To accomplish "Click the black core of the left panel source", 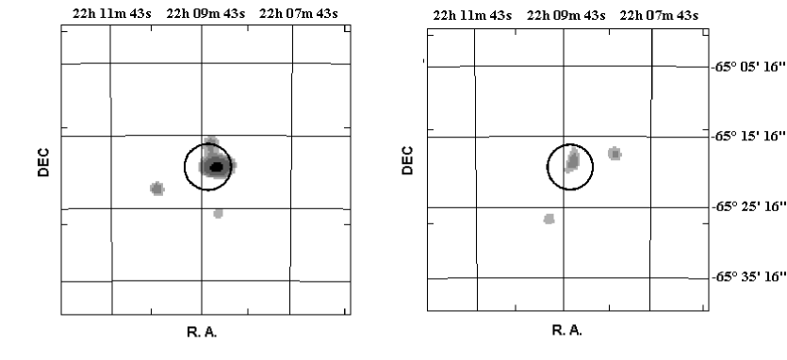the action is pos(217,167).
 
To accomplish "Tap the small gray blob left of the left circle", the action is pos(157,188).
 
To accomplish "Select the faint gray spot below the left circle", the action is pos(218,213).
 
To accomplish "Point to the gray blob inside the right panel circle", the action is pos(572,160).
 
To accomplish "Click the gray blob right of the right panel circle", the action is pos(615,154).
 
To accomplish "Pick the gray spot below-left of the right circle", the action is pos(549,219).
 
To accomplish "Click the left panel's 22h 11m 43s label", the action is pos(111,13).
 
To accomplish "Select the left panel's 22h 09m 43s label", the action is pos(205,13).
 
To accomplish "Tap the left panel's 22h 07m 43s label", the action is pos(299,13).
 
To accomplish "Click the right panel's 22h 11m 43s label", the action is pos(472,16).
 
